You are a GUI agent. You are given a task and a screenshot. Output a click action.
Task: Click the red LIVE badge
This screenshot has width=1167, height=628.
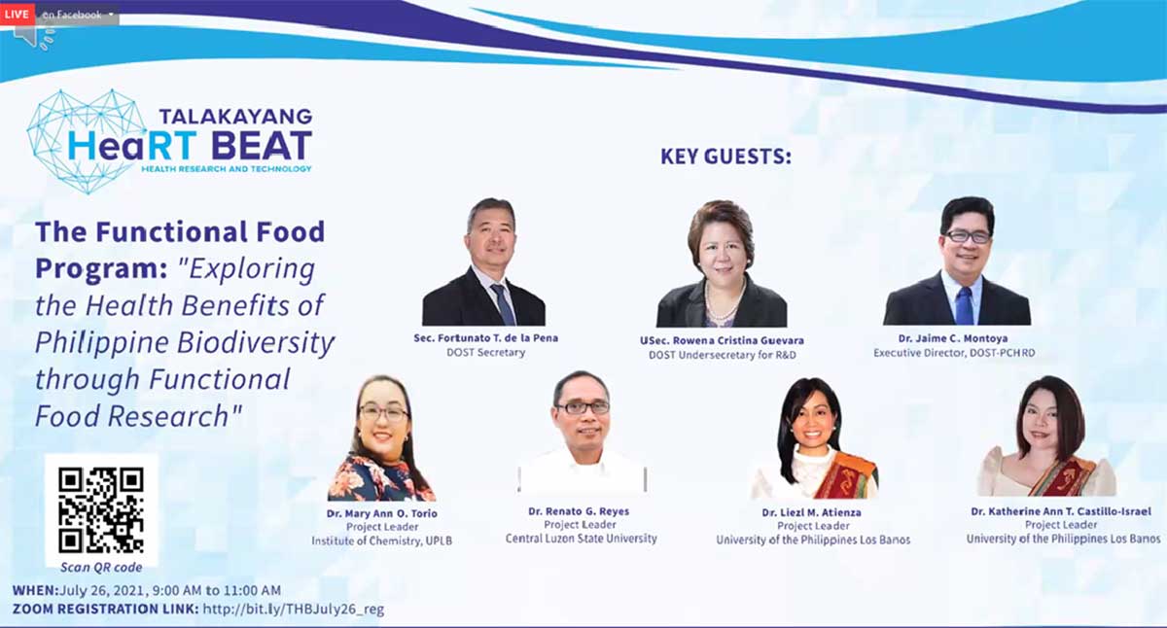coord(18,14)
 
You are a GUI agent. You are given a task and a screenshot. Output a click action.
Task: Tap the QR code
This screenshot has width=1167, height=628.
coord(101,510)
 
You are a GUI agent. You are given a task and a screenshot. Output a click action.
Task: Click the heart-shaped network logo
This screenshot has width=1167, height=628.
coord(86,141)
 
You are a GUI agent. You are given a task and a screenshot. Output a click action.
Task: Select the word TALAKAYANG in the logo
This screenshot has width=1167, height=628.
coord(235,116)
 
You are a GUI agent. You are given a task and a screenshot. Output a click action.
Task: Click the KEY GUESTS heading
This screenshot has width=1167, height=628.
coord(725,157)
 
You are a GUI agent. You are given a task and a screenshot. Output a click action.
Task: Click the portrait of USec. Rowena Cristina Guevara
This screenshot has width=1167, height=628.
coord(722,264)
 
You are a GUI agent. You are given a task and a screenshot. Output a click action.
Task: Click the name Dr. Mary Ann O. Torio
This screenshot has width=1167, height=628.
coord(382,513)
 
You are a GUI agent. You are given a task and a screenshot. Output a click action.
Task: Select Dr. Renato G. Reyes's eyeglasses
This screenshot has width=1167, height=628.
coord(583,407)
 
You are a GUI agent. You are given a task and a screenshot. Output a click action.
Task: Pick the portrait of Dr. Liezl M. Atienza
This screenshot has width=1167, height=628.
coord(814,437)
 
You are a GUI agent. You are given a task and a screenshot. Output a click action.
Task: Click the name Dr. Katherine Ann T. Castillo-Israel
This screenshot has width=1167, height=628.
coord(1061,511)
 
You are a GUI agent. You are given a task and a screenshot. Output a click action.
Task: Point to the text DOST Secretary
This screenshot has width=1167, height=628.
coord(485,353)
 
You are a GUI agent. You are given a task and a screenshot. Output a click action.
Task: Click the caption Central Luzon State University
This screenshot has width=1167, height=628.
coord(581,539)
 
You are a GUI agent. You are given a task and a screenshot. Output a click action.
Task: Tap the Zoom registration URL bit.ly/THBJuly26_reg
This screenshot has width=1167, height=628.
coord(294,610)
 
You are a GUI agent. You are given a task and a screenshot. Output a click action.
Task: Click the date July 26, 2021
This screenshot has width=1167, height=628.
coord(104,590)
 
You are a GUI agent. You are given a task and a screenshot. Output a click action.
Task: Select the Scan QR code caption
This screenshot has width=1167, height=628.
coord(101,567)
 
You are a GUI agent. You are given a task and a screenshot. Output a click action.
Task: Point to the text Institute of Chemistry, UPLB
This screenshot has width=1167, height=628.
coord(382,541)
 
